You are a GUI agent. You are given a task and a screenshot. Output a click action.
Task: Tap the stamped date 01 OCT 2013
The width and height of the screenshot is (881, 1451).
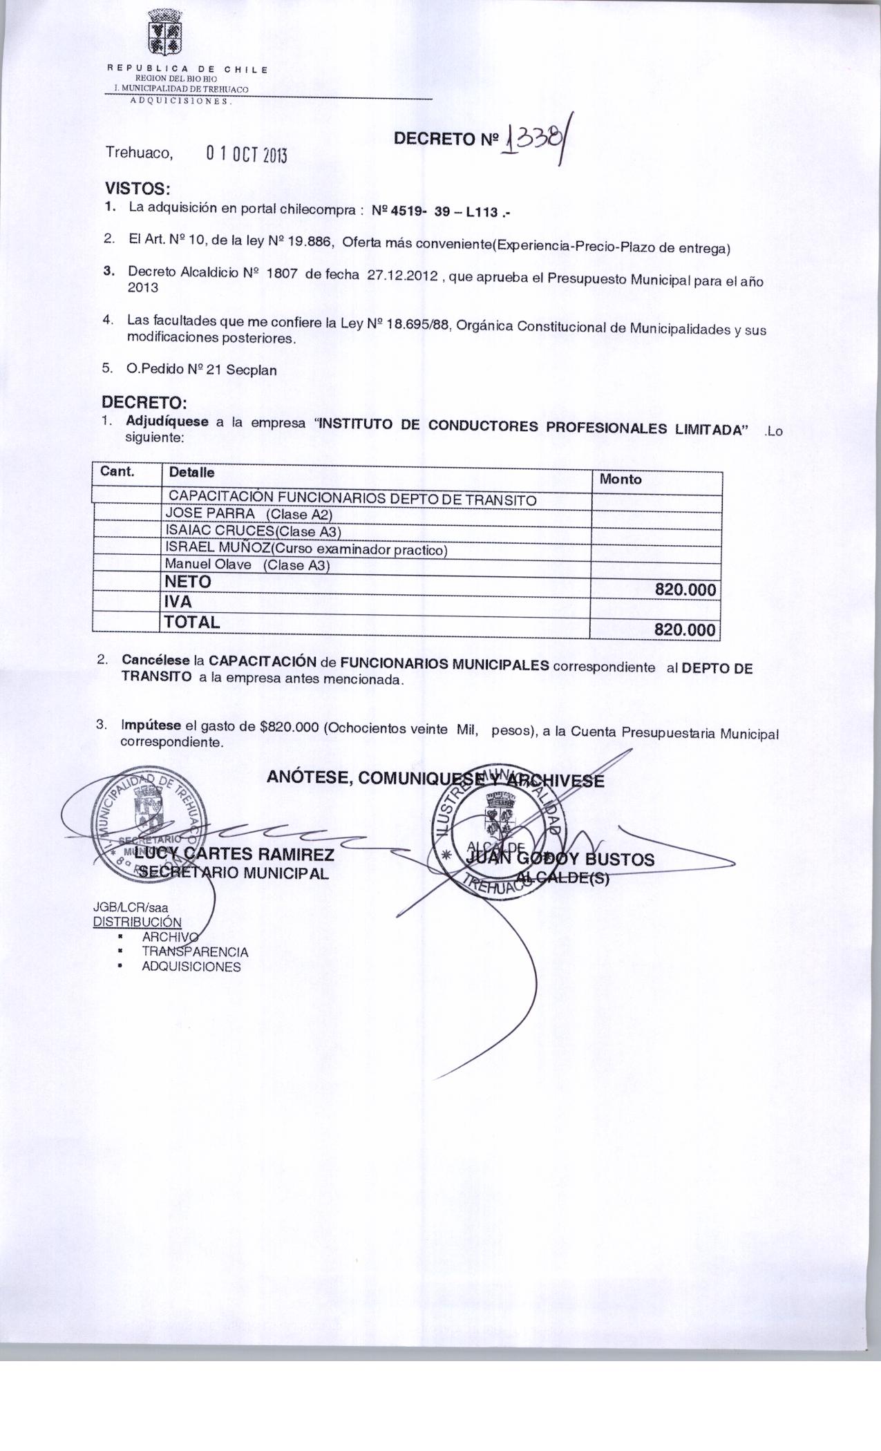(246, 153)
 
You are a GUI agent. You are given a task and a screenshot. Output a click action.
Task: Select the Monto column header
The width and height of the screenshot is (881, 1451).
(621, 479)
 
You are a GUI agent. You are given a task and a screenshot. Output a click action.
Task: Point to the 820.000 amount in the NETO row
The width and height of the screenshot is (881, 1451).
(685, 591)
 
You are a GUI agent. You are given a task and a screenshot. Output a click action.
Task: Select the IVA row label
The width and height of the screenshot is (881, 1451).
(178, 603)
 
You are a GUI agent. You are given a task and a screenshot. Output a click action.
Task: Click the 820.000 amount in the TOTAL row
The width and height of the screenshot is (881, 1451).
(685, 629)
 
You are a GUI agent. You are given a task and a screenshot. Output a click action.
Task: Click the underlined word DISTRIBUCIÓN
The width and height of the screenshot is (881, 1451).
(137, 922)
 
